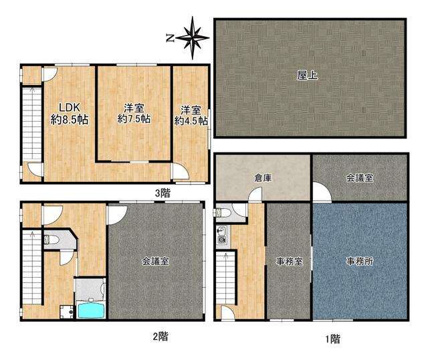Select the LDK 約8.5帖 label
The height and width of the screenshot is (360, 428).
click(70, 114)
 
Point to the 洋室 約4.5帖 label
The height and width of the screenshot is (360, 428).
click(191, 116)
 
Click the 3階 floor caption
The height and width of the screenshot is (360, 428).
click(163, 193)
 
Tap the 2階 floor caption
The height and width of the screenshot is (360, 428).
click(160, 336)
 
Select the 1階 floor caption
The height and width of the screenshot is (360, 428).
click(332, 339)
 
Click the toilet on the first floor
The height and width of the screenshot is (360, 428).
click(221, 212)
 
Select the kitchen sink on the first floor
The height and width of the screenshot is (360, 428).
click(221, 232)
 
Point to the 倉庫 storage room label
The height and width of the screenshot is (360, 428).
click(263, 178)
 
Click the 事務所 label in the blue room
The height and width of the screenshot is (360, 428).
click(360, 262)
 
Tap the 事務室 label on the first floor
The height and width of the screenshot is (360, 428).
click(289, 262)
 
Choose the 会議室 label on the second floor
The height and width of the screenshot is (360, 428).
click(155, 262)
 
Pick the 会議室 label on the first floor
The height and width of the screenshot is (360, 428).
click(360, 178)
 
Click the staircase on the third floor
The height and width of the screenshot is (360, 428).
click(32, 123)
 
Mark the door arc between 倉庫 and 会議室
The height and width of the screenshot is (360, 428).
click(322, 192)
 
